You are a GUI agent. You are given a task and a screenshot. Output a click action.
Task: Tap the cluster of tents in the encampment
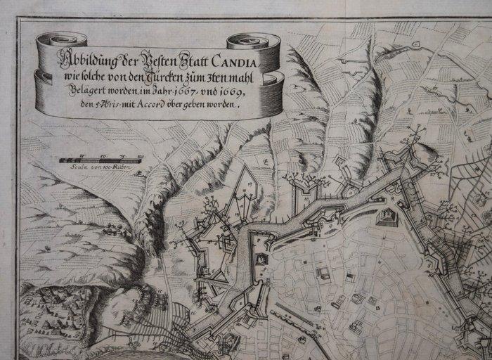point(49,309)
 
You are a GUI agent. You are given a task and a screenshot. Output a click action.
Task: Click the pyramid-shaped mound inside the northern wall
point(387,217)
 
